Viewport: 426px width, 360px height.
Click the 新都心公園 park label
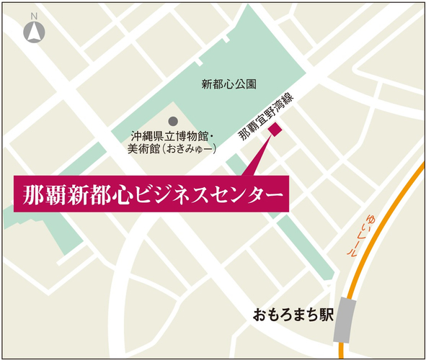click(x=229, y=84)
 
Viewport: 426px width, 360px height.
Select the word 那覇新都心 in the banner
click(x=75, y=194)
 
